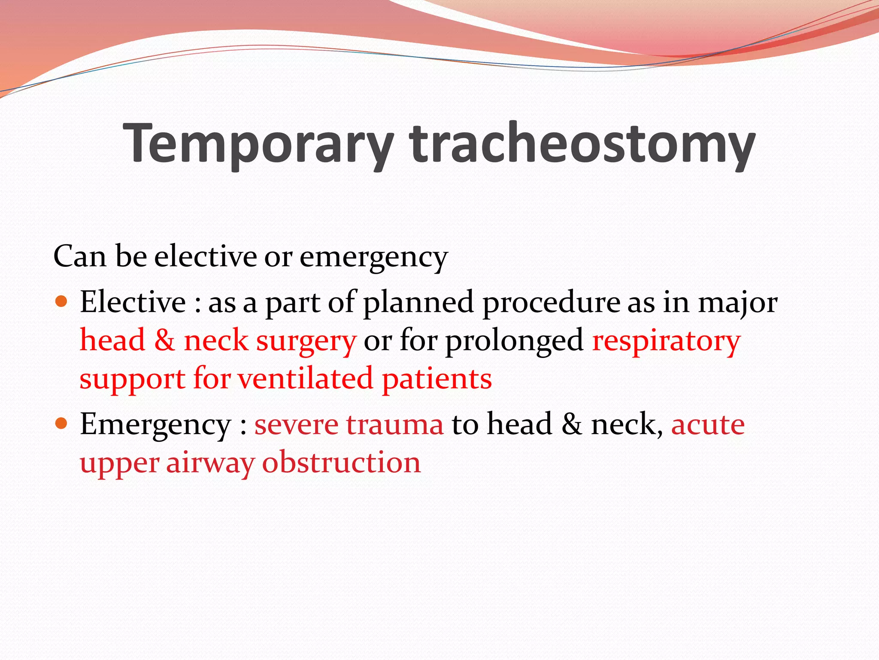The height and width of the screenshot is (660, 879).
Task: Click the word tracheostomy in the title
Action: (x=582, y=144)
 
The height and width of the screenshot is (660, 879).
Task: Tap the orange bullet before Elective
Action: (x=62, y=301)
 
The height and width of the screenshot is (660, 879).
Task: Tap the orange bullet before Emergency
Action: (x=62, y=424)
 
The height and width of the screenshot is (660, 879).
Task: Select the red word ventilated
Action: (x=305, y=379)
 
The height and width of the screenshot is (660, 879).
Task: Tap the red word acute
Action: (x=708, y=425)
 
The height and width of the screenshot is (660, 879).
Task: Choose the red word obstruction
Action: (x=342, y=462)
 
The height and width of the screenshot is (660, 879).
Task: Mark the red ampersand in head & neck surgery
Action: (x=164, y=340)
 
